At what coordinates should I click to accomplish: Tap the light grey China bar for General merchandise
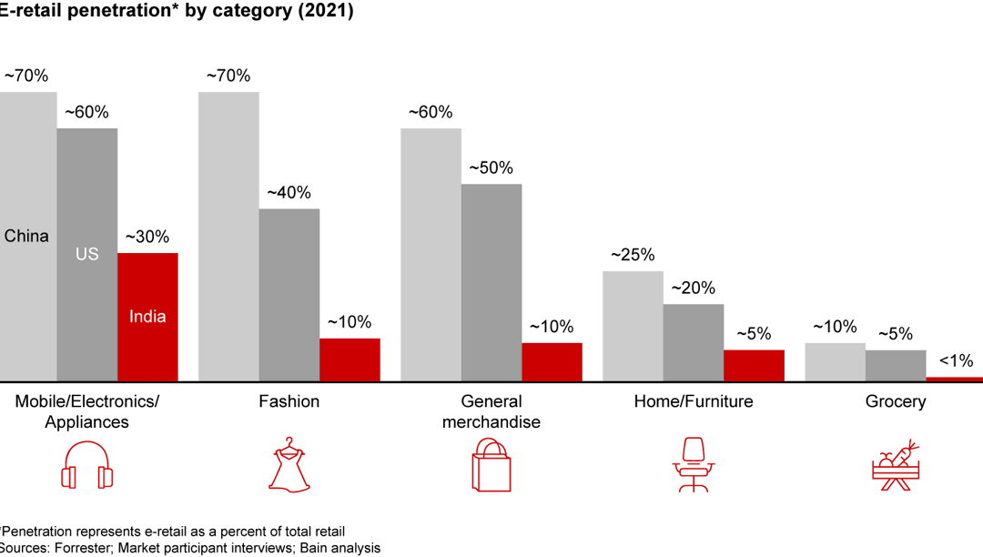[x=431, y=254]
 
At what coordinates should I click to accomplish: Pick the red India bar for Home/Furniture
[x=754, y=365]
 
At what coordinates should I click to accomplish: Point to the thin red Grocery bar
[x=954, y=379]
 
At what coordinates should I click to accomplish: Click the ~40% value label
[x=289, y=193]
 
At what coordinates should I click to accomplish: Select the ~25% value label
[x=633, y=255]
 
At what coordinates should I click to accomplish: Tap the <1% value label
[x=956, y=360]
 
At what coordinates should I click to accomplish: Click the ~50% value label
[x=491, y=168]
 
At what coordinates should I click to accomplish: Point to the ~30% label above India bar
[x=147, y=237]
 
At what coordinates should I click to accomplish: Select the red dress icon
[x=289, y=465]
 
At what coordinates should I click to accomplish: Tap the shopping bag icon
[x=491, y=465]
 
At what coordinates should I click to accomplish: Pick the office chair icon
[x=694, y=465]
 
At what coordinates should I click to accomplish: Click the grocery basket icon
[x=896, y=465]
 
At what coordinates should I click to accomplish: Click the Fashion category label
[x=289, y=401]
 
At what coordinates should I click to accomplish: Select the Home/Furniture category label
[x=694, y=401]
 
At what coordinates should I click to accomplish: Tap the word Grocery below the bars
[x=896, y=401]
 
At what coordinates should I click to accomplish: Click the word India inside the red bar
[x=147, y=317]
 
